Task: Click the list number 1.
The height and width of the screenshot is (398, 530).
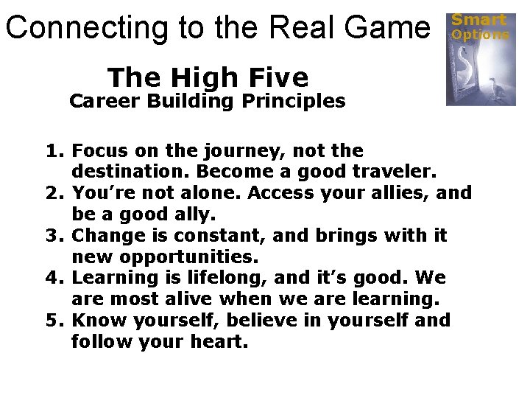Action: tap(53, 151)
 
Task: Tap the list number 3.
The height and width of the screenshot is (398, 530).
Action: tap(53, 236)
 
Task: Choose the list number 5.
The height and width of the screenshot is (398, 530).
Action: tap(53, 321)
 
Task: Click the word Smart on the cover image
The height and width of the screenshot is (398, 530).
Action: tap(478, 20)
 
